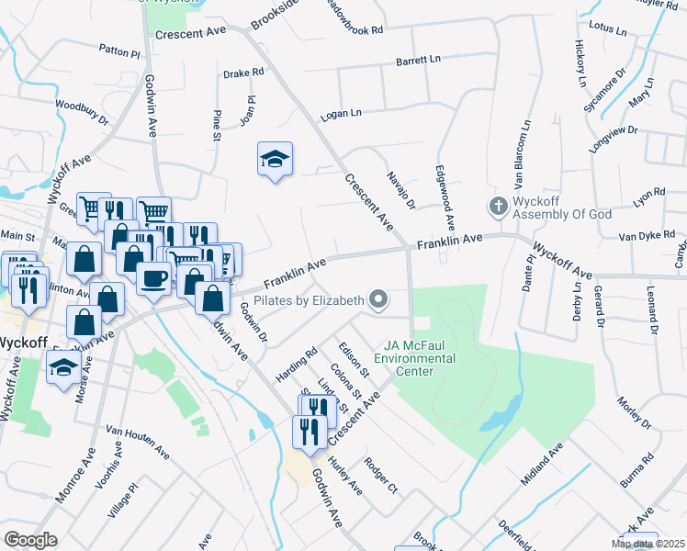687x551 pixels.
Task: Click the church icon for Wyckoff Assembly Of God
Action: click(x=498, y=207)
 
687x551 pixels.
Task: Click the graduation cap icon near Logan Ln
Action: click(x=275, y=160)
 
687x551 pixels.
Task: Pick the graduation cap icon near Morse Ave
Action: click(x=62, y=368)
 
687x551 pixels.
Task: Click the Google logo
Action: click(x=30, y=540)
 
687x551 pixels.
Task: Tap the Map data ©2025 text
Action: click(x=648, y=544)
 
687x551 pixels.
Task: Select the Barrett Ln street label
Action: click(x=418, y=60)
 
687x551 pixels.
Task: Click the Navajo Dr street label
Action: click(x=401, y=190)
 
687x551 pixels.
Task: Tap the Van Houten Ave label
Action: click(x=138, y=441)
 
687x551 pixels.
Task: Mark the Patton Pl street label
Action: click(x=119, y=54)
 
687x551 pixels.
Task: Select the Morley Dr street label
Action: click(x=634, y=412)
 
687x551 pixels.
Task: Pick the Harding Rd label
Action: click(x=296, y=365)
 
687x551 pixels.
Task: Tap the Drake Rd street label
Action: click(x=244, y=71)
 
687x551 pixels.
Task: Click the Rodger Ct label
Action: click(x=380, y=475)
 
